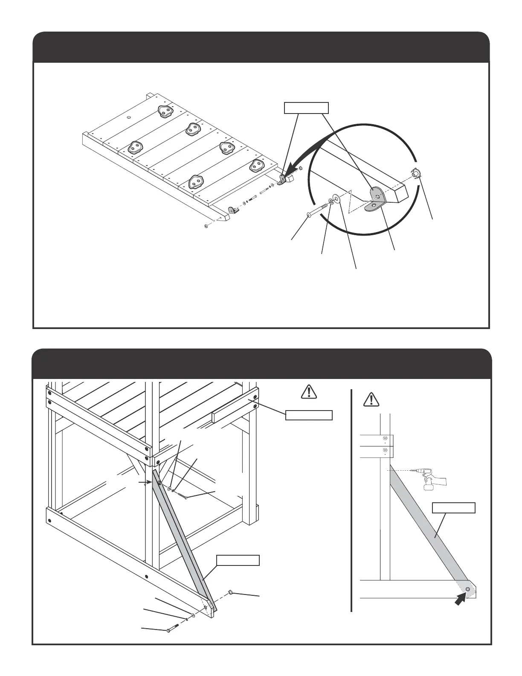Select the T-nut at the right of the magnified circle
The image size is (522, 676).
click(416, 174)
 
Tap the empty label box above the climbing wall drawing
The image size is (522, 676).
click(307, 108)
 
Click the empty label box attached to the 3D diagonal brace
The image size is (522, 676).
click(238, 560)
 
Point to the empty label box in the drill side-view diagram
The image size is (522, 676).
click(454, 508)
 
